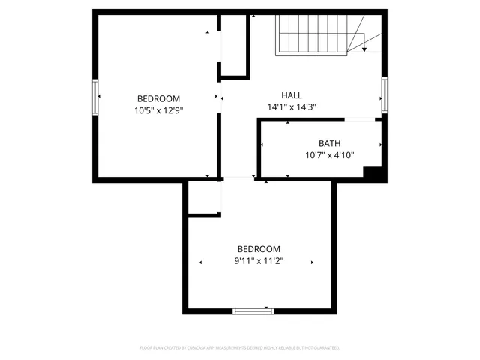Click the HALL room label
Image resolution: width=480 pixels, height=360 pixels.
click(x=292, y=95)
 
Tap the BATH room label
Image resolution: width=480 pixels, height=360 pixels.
click(x=329, y=143)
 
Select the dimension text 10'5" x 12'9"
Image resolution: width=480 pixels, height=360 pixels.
click(x=158, y=110)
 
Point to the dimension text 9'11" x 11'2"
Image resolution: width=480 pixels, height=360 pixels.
click(x=259, y=262)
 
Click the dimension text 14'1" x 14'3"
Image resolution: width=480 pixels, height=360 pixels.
click(x=292, y=107)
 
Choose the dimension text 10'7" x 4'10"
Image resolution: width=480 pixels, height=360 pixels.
click(x=329, y=155)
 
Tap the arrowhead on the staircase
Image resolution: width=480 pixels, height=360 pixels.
click(x=364, y=49)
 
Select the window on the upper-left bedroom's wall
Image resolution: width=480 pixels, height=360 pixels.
click(x=95, y=96)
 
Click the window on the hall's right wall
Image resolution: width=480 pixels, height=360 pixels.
click(x=384, y=94)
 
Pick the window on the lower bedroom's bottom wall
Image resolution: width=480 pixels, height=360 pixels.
click(x=253, y=310)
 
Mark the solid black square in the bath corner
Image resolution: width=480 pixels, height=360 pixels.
click(x=373, y=172)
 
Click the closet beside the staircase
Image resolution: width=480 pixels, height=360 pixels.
click(x=235, y=45)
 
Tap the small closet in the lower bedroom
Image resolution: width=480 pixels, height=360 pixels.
click(x=203, y=198)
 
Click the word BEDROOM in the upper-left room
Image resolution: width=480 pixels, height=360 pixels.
click(x=158, y=98)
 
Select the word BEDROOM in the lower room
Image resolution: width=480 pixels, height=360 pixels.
click(x=259, y=249)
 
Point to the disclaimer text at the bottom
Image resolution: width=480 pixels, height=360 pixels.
click(x=240, y=348)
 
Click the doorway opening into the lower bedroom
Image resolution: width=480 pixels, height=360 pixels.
click(x=238, y=178)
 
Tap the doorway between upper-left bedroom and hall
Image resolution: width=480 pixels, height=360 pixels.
click(x=220, y=97)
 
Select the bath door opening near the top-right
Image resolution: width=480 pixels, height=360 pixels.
click(x=360, y=119)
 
